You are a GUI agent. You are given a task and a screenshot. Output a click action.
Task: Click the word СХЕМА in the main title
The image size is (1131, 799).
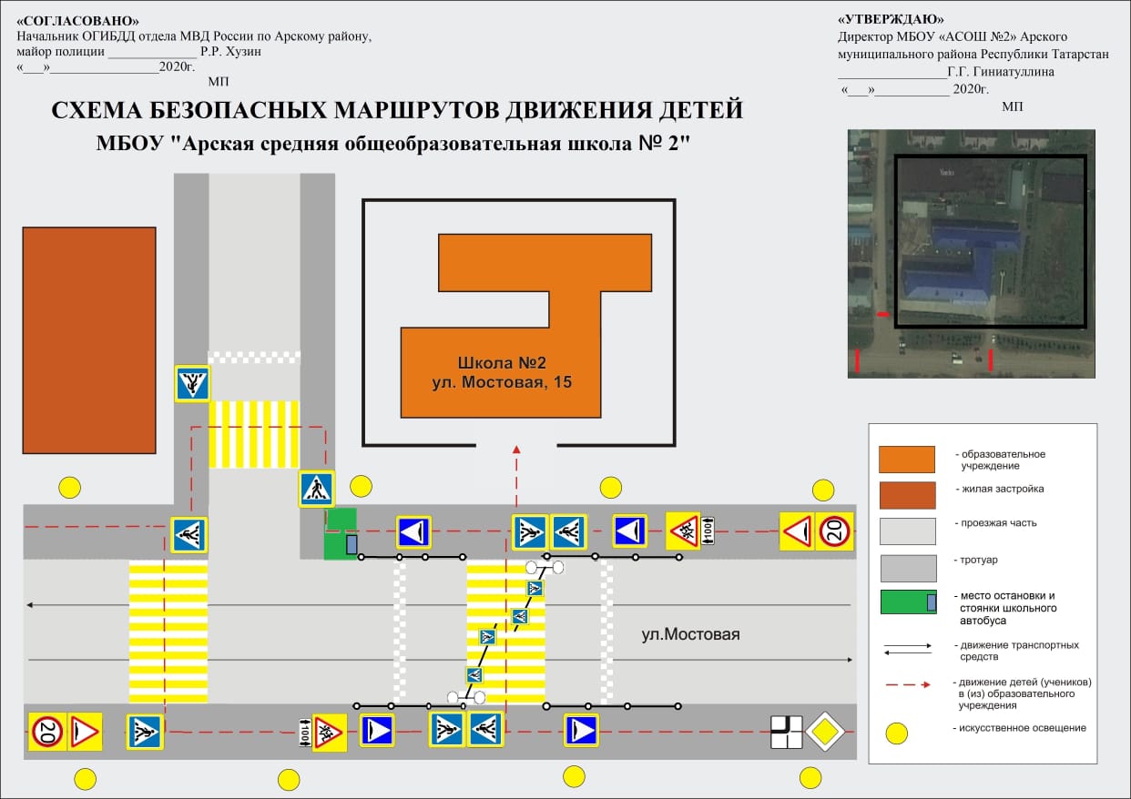tap(97, 110)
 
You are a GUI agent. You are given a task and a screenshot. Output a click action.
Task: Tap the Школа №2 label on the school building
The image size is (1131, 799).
tap(502, 363)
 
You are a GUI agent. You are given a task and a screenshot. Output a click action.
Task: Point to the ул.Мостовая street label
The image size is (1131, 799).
tap(690, 634)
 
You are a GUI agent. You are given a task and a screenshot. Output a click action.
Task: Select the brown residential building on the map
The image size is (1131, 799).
tap(89, 340)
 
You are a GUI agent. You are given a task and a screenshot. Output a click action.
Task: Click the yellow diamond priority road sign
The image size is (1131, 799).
tap(824, 732)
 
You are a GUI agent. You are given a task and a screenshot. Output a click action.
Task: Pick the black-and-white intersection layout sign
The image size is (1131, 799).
tap(786, 732)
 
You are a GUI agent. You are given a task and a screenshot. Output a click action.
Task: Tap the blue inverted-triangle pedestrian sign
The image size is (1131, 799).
tap(192, 384)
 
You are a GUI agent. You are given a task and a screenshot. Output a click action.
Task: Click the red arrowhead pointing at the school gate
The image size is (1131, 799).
tap(516, 449)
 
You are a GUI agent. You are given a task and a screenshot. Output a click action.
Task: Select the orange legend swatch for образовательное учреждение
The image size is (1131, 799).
tap(907, 459)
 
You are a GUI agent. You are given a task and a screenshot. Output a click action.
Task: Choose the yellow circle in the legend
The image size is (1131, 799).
tap(897, 733)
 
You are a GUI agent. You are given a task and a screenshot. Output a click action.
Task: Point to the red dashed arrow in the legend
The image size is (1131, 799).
tap(908, 684)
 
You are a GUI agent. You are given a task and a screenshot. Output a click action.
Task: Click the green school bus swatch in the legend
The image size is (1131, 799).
tap(908, 602)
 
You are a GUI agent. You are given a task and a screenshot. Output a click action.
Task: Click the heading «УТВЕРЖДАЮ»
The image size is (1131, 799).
tap(891, 19)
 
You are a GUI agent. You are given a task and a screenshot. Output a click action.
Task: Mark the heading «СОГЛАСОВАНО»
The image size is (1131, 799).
tap(77, 21)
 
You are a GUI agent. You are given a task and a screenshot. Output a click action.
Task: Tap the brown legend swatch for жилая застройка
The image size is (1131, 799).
tap(907, 495)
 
